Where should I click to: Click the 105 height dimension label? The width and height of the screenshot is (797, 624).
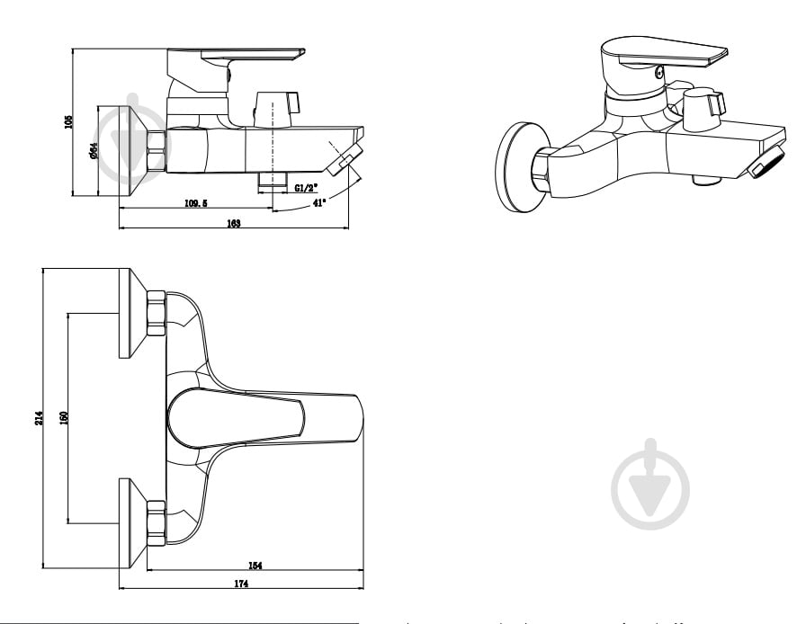pyautogui.click(x=68, y=121)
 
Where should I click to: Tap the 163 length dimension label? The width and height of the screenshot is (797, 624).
pyautogui.click(x=233, y=223)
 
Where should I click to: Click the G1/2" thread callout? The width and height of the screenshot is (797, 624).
pyautogui.click(x=306, y=188)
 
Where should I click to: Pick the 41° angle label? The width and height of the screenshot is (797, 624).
pyautogui.click(x=318, y=203)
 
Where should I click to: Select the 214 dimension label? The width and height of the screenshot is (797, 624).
pyautogui.click(x=38, y=418)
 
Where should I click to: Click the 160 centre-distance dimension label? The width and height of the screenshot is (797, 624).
pyautogui.click(x=64, y=418)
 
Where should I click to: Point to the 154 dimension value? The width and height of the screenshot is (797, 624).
pyautogui.click(x=255, y=566)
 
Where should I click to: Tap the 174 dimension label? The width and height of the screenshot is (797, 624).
pyautogui.click(x=240, y=584)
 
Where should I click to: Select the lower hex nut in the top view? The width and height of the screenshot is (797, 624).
pyautogui.click(x=155, y=522)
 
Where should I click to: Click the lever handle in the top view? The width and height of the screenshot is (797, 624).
pyautogui.click(x=261, y=420)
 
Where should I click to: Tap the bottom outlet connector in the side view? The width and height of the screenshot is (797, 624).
pyautogui.click(x=273, y=178)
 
